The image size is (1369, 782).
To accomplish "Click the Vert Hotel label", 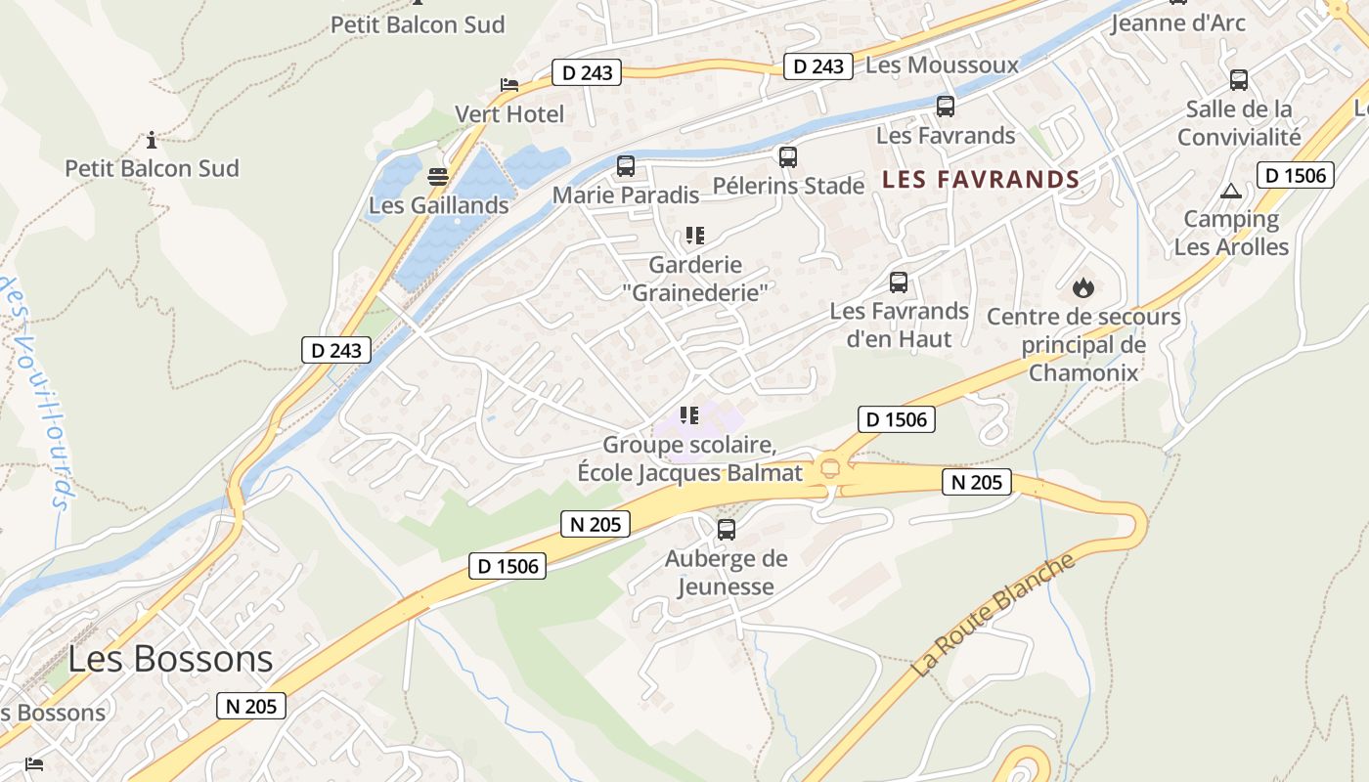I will (509, 114).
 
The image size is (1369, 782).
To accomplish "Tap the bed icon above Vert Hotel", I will (508, 85).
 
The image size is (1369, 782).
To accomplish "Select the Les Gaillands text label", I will (439, 205).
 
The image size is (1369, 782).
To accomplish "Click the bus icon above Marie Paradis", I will (626, 166).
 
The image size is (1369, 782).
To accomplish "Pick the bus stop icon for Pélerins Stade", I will (788, 156).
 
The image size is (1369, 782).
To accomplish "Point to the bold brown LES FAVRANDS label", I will (981, 180).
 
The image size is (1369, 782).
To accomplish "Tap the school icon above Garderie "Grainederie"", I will (695, 236).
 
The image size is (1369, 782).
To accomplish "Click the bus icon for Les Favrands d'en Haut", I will (899, 282).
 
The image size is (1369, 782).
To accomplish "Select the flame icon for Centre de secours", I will (1082, 287).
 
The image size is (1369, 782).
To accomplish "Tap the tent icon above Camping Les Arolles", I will (1231, 191).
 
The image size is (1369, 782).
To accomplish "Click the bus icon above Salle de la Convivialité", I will (1239, 80).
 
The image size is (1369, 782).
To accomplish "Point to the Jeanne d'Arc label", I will (1178, 22).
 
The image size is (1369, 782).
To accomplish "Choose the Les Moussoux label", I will (943, 65).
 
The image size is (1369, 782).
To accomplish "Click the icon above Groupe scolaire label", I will (690, 415).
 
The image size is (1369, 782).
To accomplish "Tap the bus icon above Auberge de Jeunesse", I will (727, 530).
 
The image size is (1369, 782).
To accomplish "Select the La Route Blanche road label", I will (994, 615).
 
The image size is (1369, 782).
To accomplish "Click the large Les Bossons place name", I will (170, 659).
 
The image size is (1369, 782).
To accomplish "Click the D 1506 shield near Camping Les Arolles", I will (1295, 175).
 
